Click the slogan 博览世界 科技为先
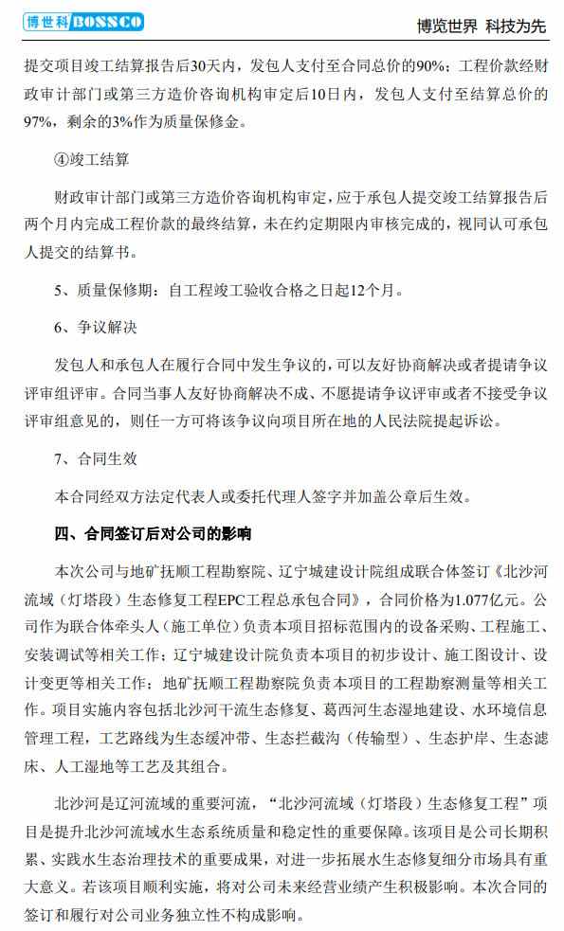[482, 26]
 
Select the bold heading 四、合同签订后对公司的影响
[153, 533]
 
